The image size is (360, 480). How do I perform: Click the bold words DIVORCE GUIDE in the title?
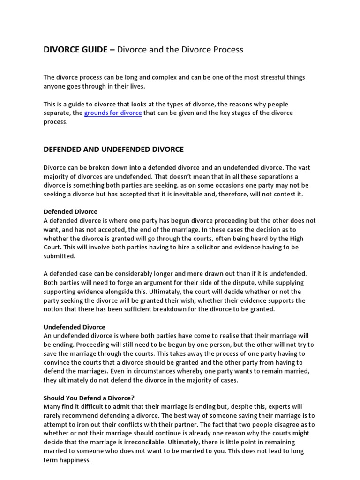click(75, 49)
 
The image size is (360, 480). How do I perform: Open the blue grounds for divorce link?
click(113, 113)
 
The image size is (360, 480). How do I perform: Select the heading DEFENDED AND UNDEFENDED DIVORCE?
click(113, 150)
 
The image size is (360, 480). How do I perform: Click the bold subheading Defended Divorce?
click(70, 212)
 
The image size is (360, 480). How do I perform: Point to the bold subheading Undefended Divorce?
click(75, 327)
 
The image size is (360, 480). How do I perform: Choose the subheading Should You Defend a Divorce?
click(89, 398)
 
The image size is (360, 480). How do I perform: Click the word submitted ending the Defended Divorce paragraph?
click(59, 256)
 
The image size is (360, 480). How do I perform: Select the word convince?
click(58, 362)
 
